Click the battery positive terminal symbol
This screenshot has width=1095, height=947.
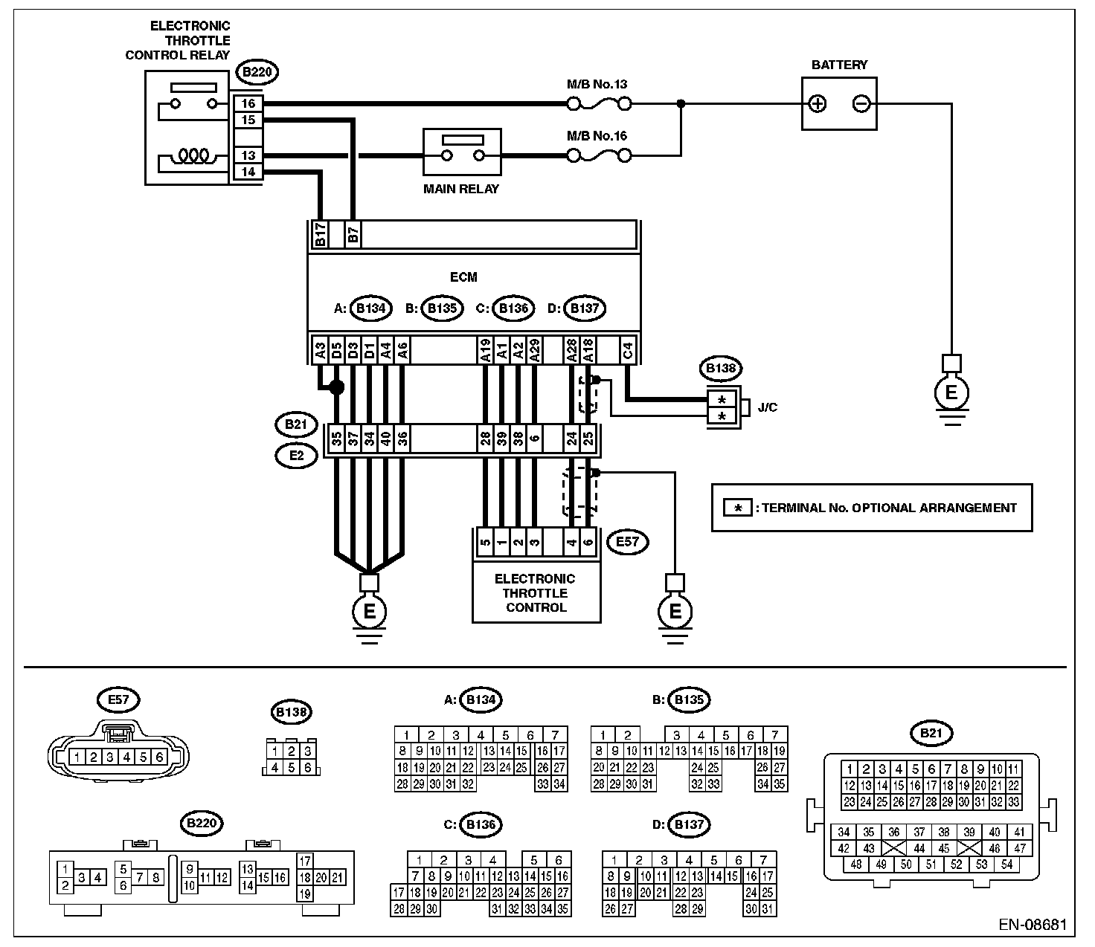point(818,103)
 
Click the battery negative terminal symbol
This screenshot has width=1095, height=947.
point(861,103)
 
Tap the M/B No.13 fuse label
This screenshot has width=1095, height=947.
point(597,84)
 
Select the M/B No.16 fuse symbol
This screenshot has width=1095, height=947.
point(599,155)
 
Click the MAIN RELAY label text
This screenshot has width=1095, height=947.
point(461,189)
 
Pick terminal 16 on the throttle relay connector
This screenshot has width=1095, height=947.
point(248,103)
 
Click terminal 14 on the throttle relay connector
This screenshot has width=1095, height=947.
point(248,172)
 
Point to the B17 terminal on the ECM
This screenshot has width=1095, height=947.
point(320,234)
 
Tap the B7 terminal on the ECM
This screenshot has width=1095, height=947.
point(353,234)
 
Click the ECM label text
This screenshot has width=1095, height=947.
point(463,277)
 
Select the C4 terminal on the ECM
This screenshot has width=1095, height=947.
point(628,350)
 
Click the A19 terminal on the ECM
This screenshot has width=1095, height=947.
point(485,350)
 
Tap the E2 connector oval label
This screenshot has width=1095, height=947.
point(296,455)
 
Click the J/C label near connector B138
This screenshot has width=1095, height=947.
point(768,407)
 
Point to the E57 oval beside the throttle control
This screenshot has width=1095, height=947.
point(627,542)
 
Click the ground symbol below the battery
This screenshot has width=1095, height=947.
point(951,398)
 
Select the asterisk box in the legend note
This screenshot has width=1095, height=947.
point(737,508)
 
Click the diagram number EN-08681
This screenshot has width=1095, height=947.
point(1033,924)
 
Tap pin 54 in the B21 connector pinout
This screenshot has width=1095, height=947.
point(1006,864)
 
